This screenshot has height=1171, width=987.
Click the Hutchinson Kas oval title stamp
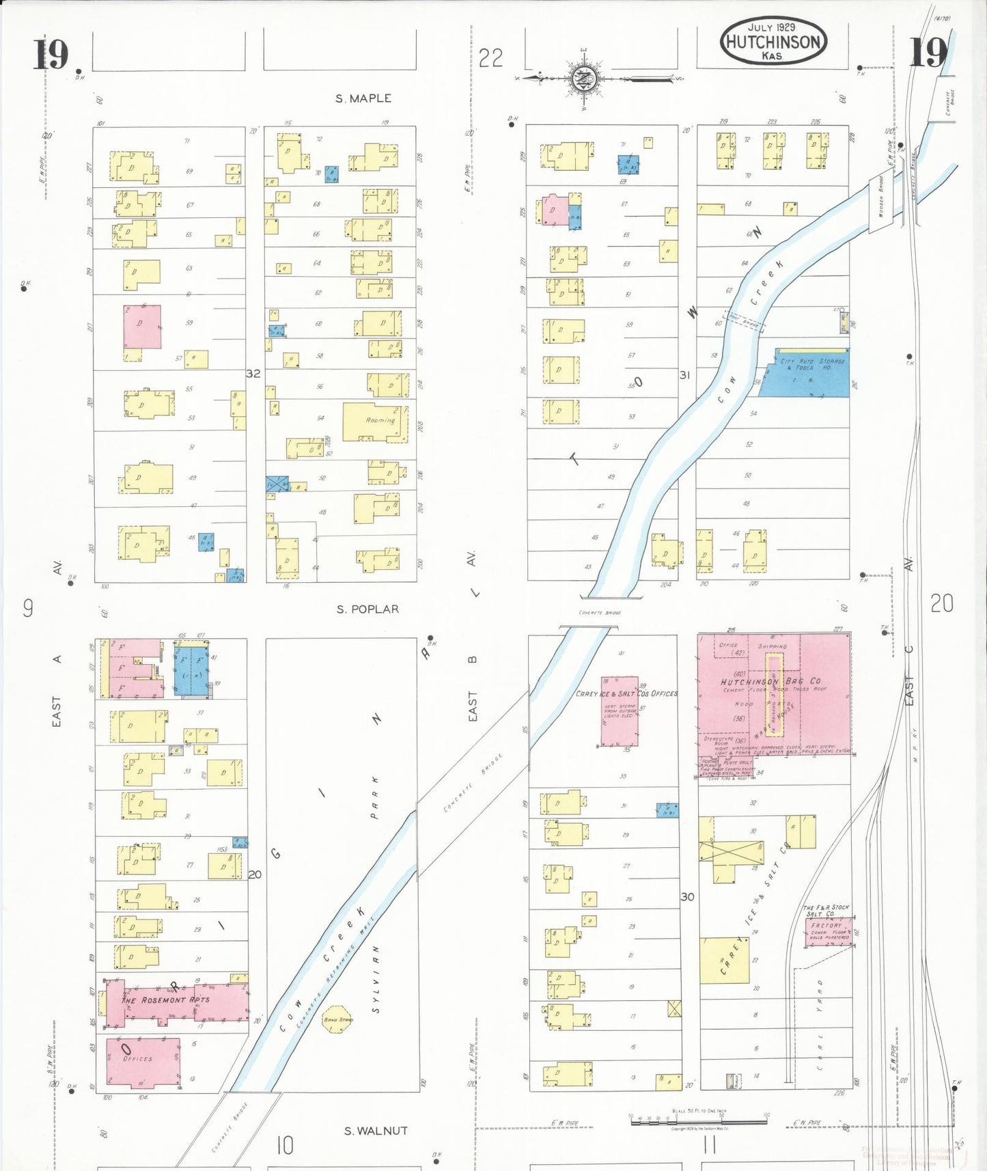point(773,40)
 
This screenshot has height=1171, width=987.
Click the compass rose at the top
point(584,79)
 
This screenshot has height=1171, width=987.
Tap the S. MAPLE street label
point(363,98)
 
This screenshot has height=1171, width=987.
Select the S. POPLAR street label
point(367,609)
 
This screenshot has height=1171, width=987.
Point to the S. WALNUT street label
point(376,1131)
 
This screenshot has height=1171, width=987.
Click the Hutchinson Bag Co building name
point(770,681)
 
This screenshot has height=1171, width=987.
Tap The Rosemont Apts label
point(165,1000)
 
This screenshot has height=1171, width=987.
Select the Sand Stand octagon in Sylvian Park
point(337,1019)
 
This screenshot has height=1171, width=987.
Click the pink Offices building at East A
point(143,1062)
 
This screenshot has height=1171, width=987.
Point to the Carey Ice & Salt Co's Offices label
point(626,693)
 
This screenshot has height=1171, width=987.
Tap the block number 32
point(253,374)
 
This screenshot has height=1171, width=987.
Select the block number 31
point(684,375)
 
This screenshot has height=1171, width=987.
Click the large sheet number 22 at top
point(490,58)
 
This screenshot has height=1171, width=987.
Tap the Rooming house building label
point(380,420)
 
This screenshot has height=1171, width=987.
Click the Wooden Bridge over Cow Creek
point(881,203)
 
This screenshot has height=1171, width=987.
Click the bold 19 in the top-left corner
point(51,55)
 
